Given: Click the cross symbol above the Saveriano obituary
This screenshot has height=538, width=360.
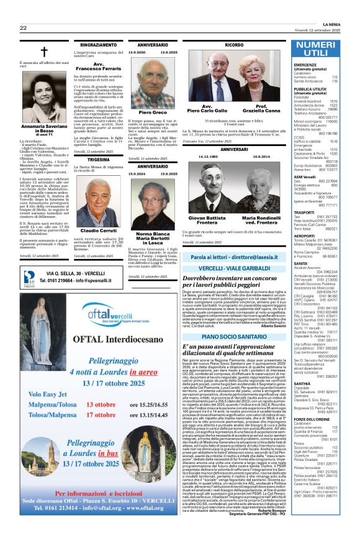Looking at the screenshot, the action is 43,53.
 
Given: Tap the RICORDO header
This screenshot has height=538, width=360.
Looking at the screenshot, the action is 234,45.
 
